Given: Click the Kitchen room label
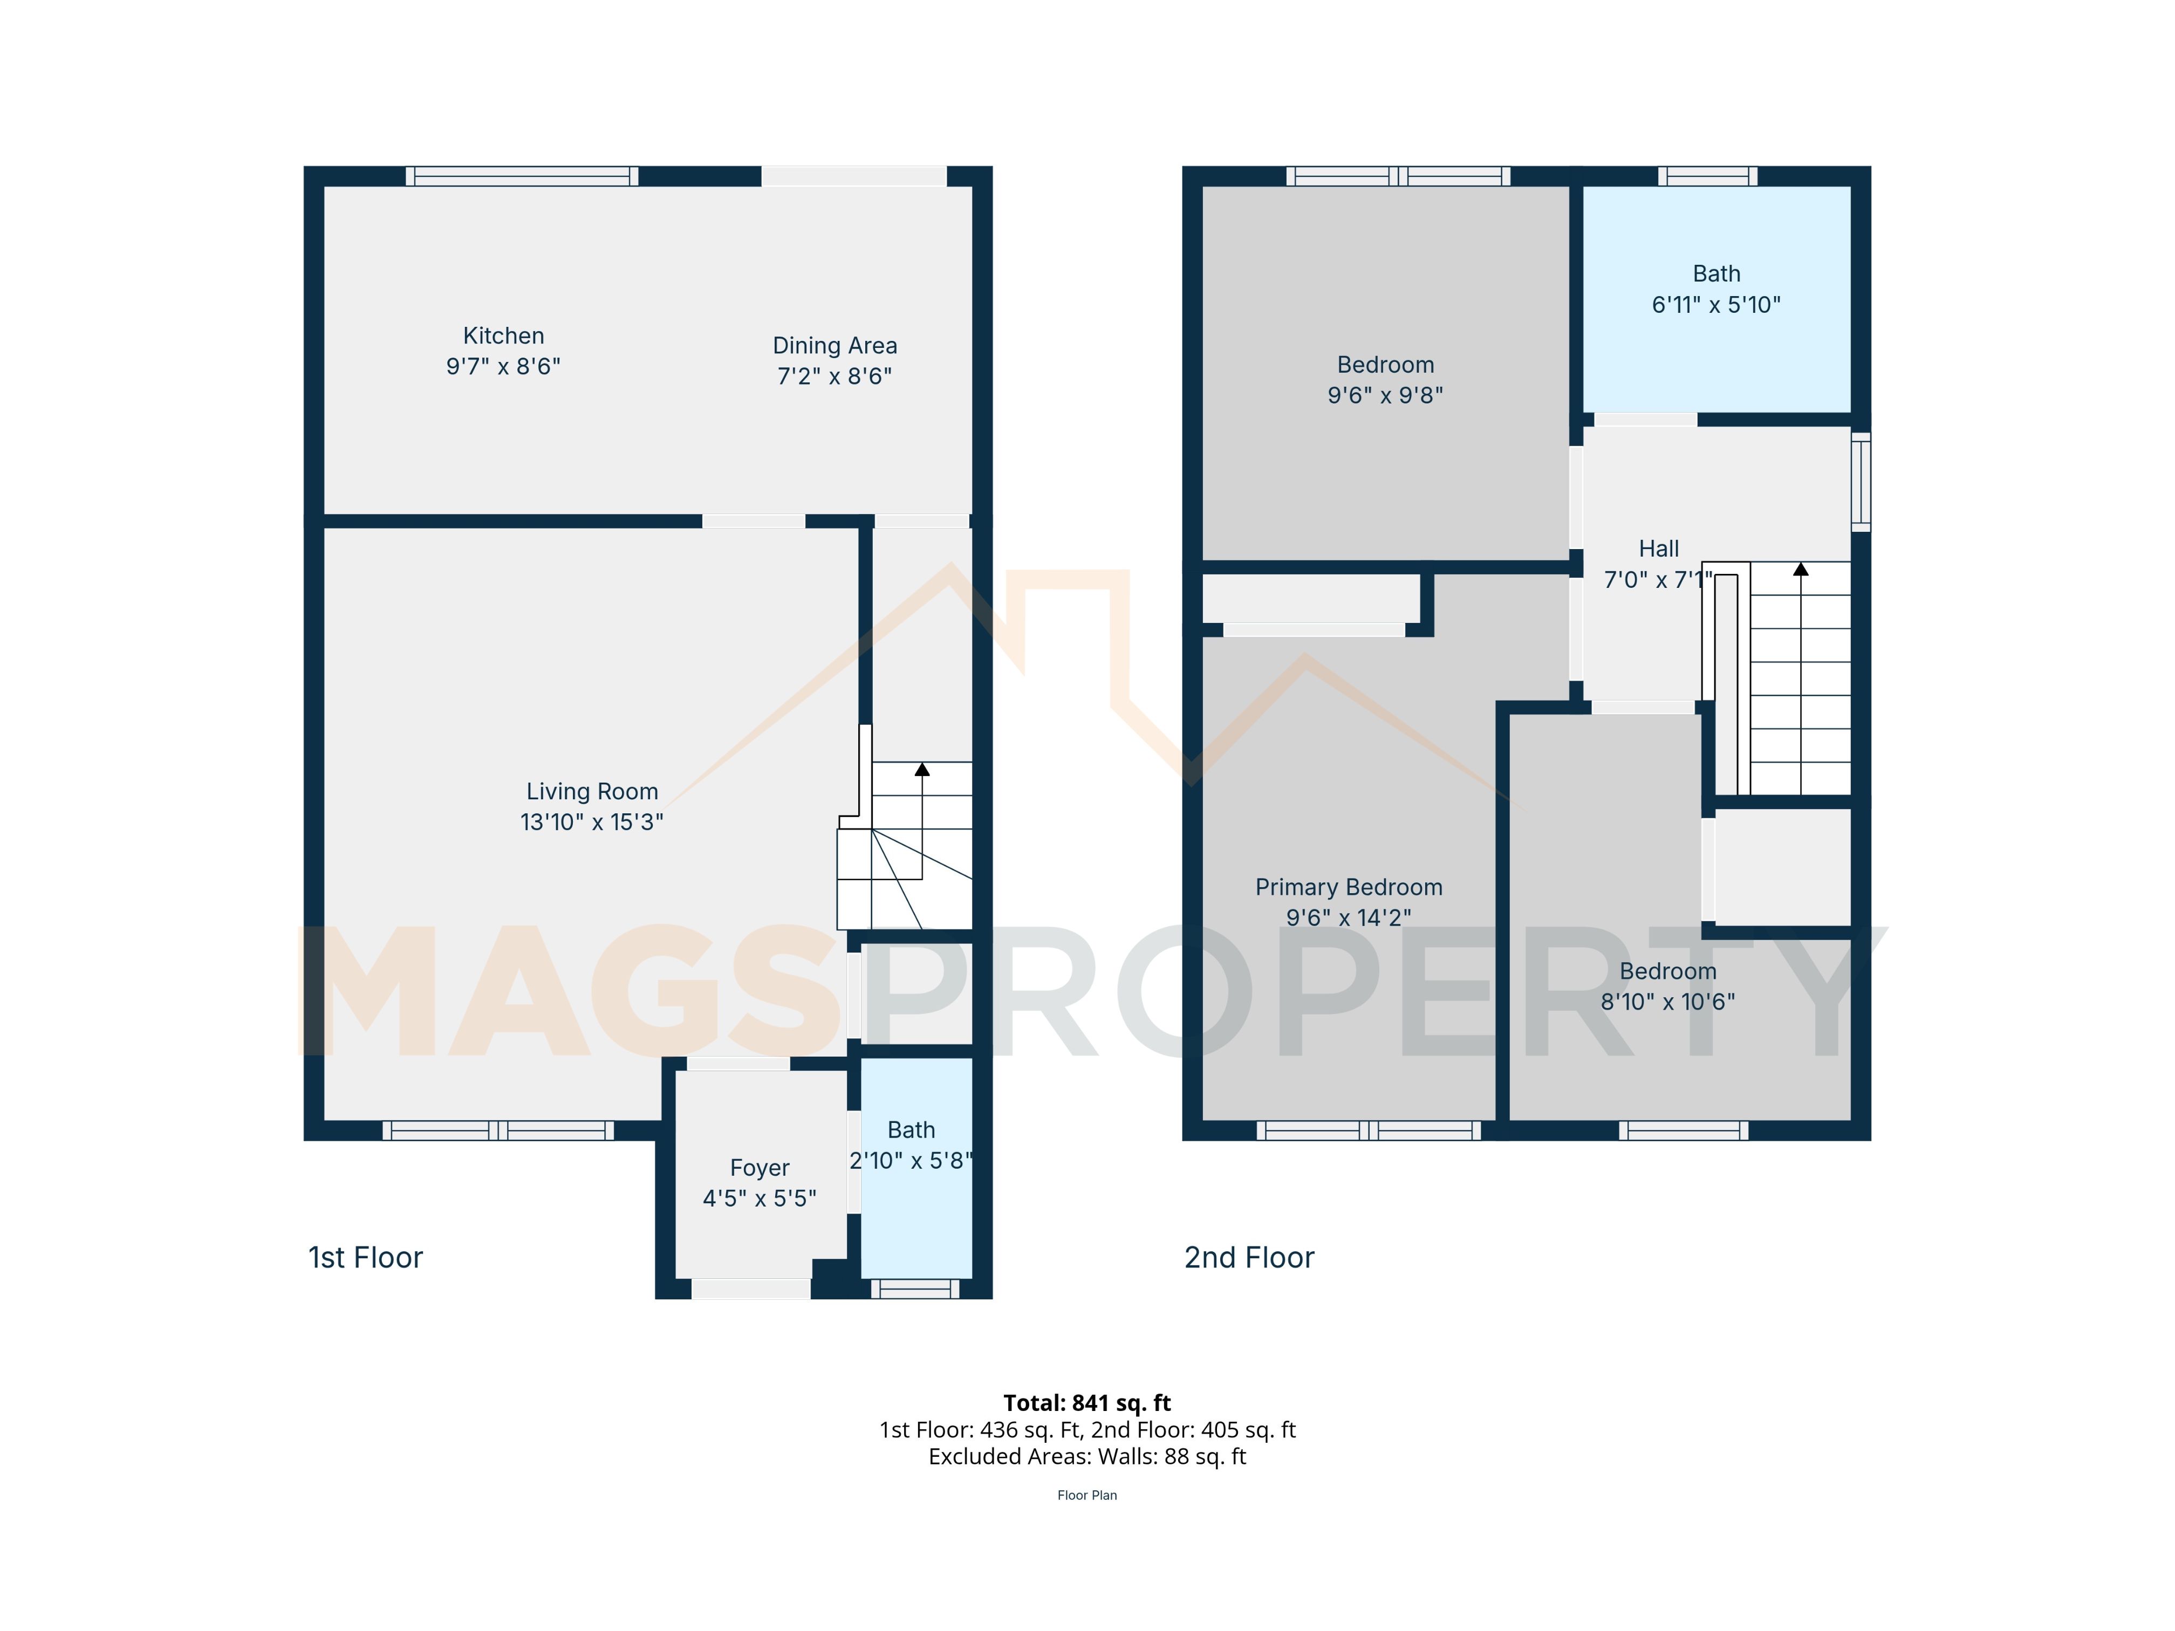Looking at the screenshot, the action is pyautogui.click(x=503, y=335).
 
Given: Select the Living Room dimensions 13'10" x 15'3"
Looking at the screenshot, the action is pyautogui.click(x=592, y=822).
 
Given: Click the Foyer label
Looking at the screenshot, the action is pyautogui.click(x=759, y=1168).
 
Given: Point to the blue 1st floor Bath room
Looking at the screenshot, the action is pyautogui.click(x=916, y=1168).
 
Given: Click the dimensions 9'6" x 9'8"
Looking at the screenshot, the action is pyautogui.click(x=1385, y=395).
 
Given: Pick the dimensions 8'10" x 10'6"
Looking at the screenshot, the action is pyautogui.click(x=1667, y=1002).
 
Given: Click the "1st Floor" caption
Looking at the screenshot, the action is pyautogui.click(x=366, y=1257).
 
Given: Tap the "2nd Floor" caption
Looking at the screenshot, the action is pyautogui.click(x=1249, y=1257).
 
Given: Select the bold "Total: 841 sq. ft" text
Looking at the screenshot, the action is pyautogui.click(x=1087, y=1403).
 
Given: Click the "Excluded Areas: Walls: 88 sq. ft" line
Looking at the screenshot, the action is pyautogui.click(x=1087, y=1457).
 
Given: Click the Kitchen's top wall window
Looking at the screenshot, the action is pyautogui.click(x=522, y=176).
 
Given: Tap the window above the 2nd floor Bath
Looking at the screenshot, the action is pyautogui.click(x=1708, y=176).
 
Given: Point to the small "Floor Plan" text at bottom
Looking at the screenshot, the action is pyautogui.click(x=1087, y=1495).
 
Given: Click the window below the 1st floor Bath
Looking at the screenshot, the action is pyautogui.click(x=914, y=1289).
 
